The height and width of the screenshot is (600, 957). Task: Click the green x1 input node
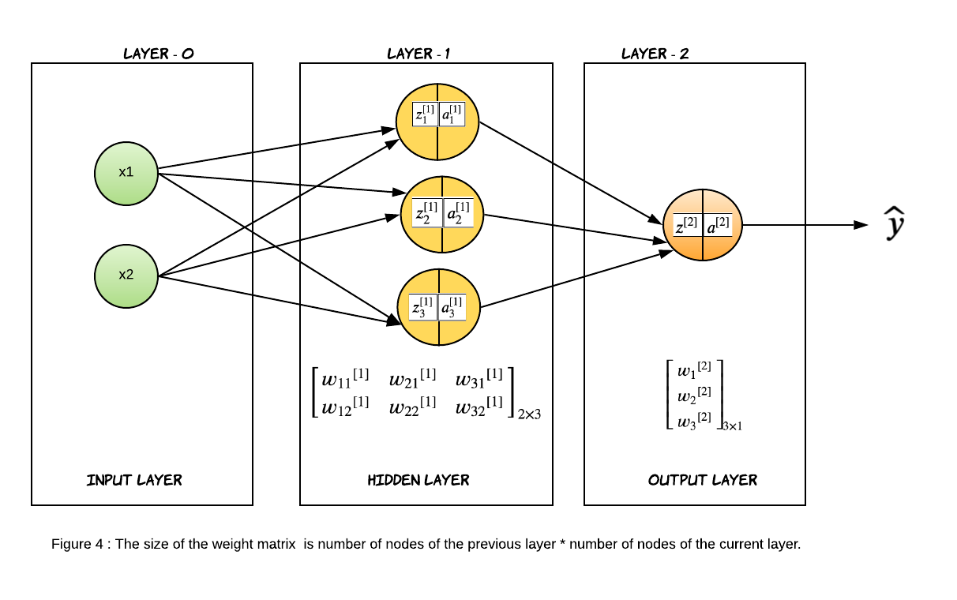pyautogui.click(x=126, y=173)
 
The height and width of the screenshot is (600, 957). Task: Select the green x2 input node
pyautogui.click(x=126, y=276)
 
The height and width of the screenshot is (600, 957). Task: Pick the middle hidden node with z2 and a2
pyautogui.click(x=442, y=214)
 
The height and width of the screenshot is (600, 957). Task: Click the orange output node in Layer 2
pyautogui.click(x=703, y=226)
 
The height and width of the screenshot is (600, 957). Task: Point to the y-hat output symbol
pyautogui.click(x=894, y=223)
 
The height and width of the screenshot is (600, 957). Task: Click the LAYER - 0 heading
pyautogui.click(x=159, y=54)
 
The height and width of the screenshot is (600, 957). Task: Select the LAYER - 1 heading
pyautogui.click(x=418, y=54)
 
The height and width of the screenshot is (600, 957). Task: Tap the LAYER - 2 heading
pyautogui.click(x=655, y=54)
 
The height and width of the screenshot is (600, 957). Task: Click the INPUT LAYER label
pyautogui.click(x=134, y=480)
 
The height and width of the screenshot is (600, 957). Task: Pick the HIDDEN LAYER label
pyautogui.click(x=418, y=480)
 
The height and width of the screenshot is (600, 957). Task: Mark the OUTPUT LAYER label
pyautogui.click(x=703, y=480)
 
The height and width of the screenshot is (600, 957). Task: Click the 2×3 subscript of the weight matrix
pyautogui.click(x=529, y=414)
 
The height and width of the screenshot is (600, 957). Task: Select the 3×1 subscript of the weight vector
pyautogui.click(x=732, y=426)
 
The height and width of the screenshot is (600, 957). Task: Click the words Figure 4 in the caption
pyautogui.click(x=77, y=544)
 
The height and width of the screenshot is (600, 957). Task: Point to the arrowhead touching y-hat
pyautogui.click(x=862, y=225)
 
